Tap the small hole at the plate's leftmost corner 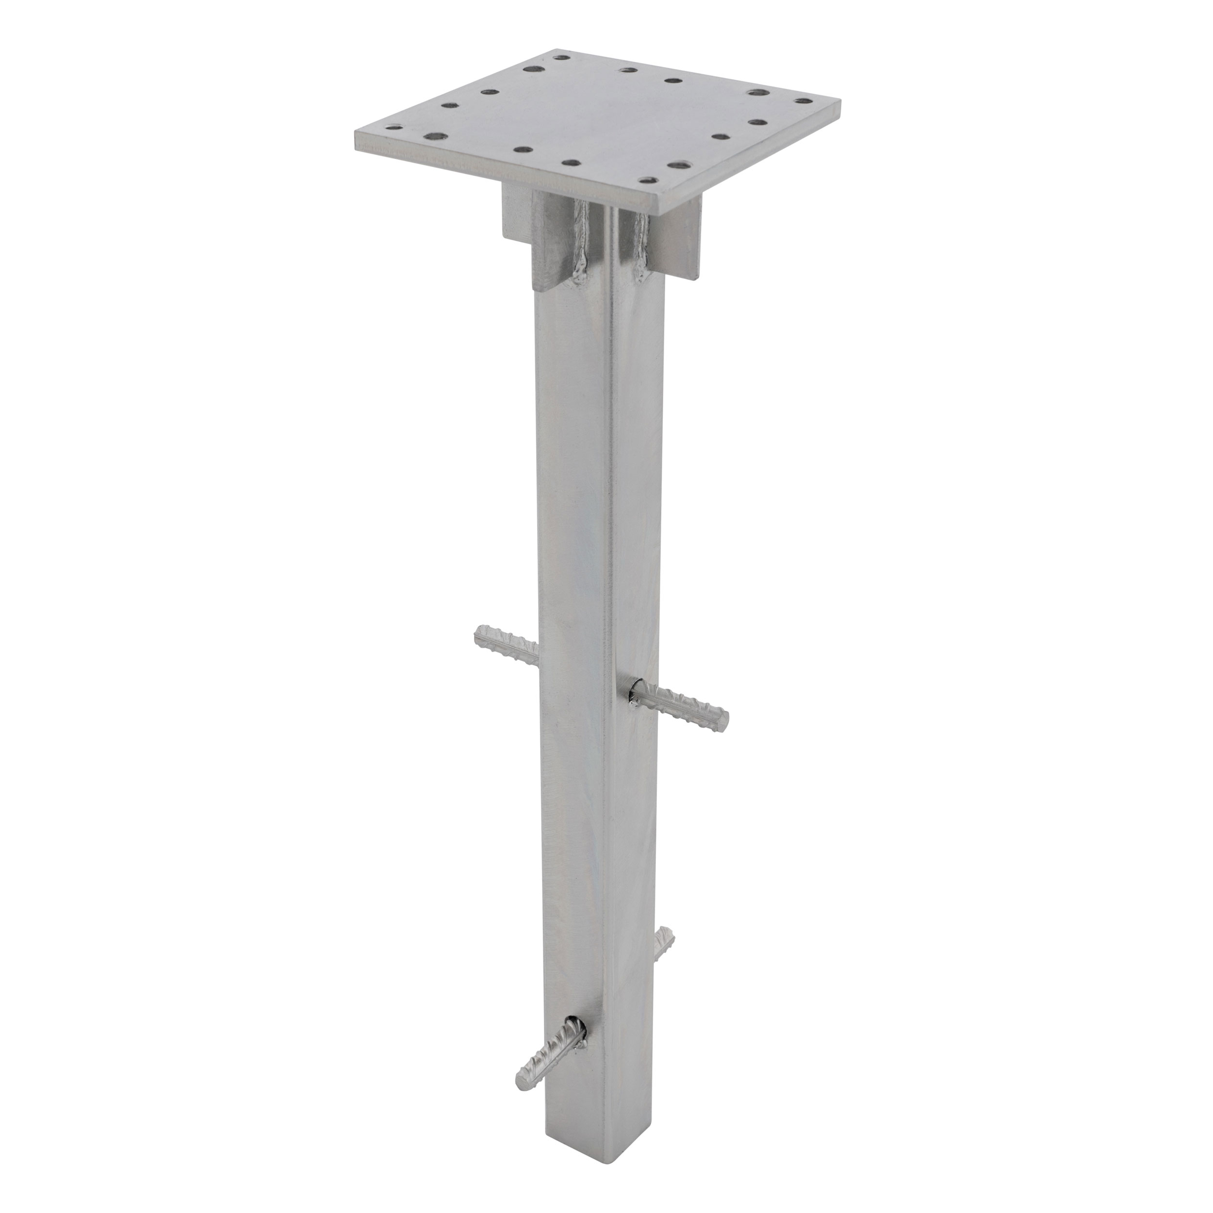395,128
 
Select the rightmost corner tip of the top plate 839,100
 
